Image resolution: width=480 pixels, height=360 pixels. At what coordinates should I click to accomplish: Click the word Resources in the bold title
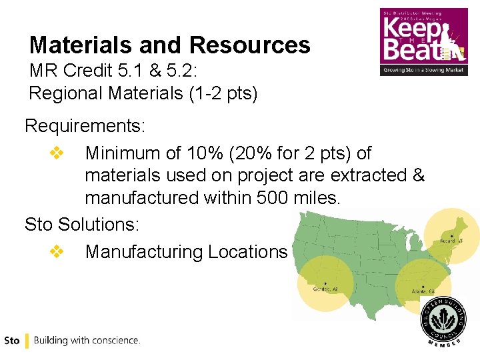tap(249, 45)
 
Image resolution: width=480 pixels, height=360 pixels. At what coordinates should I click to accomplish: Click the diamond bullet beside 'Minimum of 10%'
tap(56, 153)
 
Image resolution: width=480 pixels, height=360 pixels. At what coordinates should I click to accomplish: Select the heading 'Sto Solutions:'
tap(82, 224)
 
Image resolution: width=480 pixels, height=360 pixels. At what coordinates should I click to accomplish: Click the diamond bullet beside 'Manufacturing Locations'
tap(56, 252)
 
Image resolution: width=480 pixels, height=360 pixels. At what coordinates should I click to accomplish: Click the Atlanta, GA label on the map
tap(423, 291)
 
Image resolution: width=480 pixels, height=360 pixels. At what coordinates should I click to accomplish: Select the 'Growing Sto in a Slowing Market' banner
tap(423, 69)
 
